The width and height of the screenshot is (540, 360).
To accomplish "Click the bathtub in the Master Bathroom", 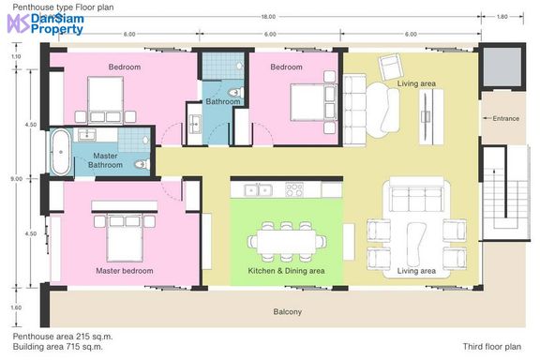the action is pyautogui.click(x=61, y=152).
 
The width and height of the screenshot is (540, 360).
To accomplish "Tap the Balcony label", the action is pyautogui.click(x=288, y=312).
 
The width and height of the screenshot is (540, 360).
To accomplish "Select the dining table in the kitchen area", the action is pyautogui.click(x=287, y=242).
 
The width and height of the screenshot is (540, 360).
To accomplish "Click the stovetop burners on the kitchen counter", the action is pyautogui.click(x=294, y=189).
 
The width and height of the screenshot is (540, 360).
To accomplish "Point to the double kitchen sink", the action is pyautogui.click(x=259, y=189).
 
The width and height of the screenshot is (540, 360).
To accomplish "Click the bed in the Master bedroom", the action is pyautogui.click(x=125, y=238).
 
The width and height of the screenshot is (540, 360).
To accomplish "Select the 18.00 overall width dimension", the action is pyautogui.click(x=268, y=17).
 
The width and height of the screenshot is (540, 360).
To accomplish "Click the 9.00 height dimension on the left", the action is pyautogui.click(x=16, y=179).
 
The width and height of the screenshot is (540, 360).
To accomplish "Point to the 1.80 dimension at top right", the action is pyautogui.click(x=502, y=17).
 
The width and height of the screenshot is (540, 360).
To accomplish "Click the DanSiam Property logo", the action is pyautogui.click(x=46, y=23).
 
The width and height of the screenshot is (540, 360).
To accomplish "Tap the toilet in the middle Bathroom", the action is pyautogui.click(x=236, y=92).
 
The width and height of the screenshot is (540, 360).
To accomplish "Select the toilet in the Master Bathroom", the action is pyautogui.click(x=142, y=164).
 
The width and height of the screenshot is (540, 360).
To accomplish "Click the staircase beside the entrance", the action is pyautogui.click(x=505, y=193).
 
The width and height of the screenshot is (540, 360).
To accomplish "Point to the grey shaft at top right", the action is pyautogui.click(x=502, y=67).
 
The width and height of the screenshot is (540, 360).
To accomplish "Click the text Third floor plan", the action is pyautogui.click(x=492, y=347).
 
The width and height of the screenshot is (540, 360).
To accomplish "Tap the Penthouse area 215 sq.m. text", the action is pyautogui.click(x=63, y=337).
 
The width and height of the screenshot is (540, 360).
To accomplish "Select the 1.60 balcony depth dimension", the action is pyautogui.click(x=16, y=307).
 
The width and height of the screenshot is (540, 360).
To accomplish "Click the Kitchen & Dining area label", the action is pyautogui.click(x=286, y=271).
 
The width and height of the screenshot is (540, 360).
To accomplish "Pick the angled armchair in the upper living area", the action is pyautogui.click(x=391, y=67).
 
